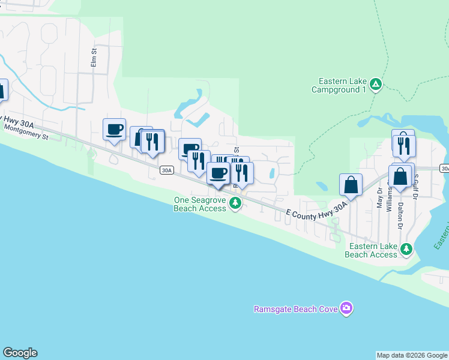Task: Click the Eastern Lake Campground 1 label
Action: click(339, 86)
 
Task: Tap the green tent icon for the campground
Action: click(375, 83)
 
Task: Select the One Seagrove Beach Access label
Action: click(199, 204)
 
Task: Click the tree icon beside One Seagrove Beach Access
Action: click(235, 204)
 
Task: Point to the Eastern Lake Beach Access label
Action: click(371, 250)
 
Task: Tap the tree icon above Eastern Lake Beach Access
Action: click(406, 248)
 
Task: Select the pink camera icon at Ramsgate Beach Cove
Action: click(346, 308)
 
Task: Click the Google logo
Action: click(20, 353)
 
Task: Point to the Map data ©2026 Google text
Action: click(412, 355)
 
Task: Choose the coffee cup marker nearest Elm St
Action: click(114, 129)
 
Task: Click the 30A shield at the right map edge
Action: click(444, 169)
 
